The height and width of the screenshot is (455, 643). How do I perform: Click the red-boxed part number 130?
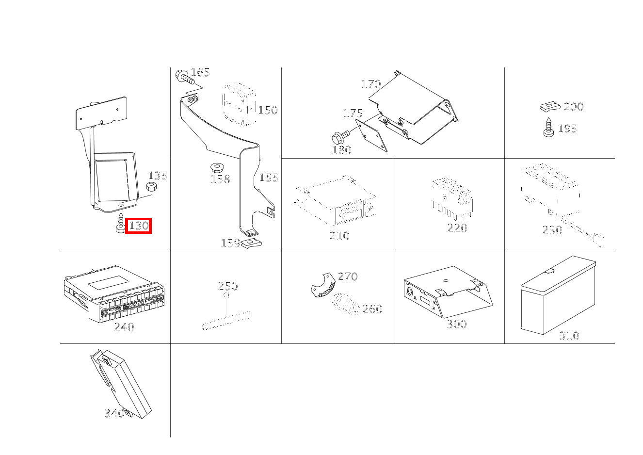click(138, 226)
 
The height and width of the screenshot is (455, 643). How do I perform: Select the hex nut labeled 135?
click(151, 187)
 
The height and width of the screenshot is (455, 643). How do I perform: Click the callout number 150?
click(268, 110)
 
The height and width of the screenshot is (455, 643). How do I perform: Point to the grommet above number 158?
click(217, 167)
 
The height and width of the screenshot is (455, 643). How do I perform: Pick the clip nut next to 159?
click(251, 244)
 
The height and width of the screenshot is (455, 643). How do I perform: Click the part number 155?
click(269, 178)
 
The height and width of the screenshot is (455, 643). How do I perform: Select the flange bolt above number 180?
click(340, 137)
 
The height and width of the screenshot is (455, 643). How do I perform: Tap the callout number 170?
click(371, 84)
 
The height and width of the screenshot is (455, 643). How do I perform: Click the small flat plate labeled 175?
click(371, 135)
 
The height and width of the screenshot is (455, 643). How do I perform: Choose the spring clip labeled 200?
click(550, 107)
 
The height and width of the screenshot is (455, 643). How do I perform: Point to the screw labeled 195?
click(548, 127)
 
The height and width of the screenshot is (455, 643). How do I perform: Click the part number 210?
click(339, 236)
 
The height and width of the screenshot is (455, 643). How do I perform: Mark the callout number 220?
click(457, 228)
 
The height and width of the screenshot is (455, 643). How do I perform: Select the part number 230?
click(552, 230)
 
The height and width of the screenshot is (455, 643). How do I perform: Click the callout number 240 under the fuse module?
click(124, 326)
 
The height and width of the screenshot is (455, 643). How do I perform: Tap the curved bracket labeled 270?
click(323, 285)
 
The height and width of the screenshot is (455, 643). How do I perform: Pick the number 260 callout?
click(372, 309)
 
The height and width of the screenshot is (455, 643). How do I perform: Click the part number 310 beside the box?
click(569, 336)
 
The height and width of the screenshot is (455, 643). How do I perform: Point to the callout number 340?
click(114, 413)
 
